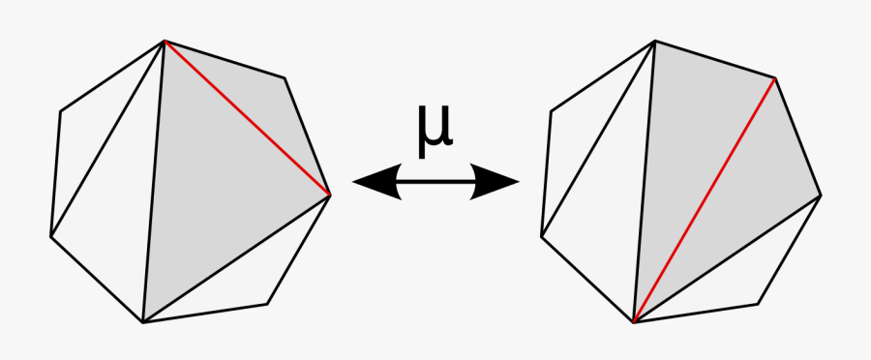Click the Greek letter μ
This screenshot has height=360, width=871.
point(435,133)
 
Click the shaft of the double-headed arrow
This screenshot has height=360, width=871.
point(435,181)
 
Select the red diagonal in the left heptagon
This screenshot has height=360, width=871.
point(247,117)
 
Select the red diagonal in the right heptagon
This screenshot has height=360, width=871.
point(706,199)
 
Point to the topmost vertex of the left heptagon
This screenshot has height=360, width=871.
point(165,41)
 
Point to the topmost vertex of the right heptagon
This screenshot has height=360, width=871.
point(655,41)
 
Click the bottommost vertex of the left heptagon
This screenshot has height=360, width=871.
point(143,322)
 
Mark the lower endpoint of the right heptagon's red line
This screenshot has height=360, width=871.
point(634,322)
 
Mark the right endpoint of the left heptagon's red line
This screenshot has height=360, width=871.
point(331,195)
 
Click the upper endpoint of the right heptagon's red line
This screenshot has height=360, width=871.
point(776,78)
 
